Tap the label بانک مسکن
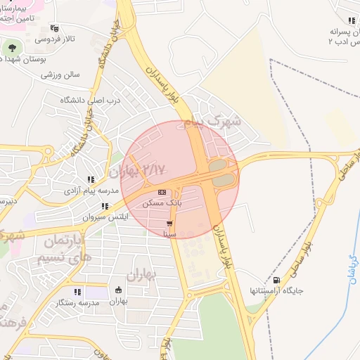point(162,202)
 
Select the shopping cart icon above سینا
point(169,223)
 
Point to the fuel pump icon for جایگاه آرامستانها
point(275,280)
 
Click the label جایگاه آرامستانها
point(274,290)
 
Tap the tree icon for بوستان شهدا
point(11,48)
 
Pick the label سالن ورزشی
point(61,73)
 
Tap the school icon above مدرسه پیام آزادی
point(90,180)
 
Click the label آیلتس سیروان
point(103,217)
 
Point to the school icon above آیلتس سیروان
point(104,207)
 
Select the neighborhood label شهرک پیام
point(213,122)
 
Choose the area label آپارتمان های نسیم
point(67,249)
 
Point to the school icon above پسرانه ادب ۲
point(350,21)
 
